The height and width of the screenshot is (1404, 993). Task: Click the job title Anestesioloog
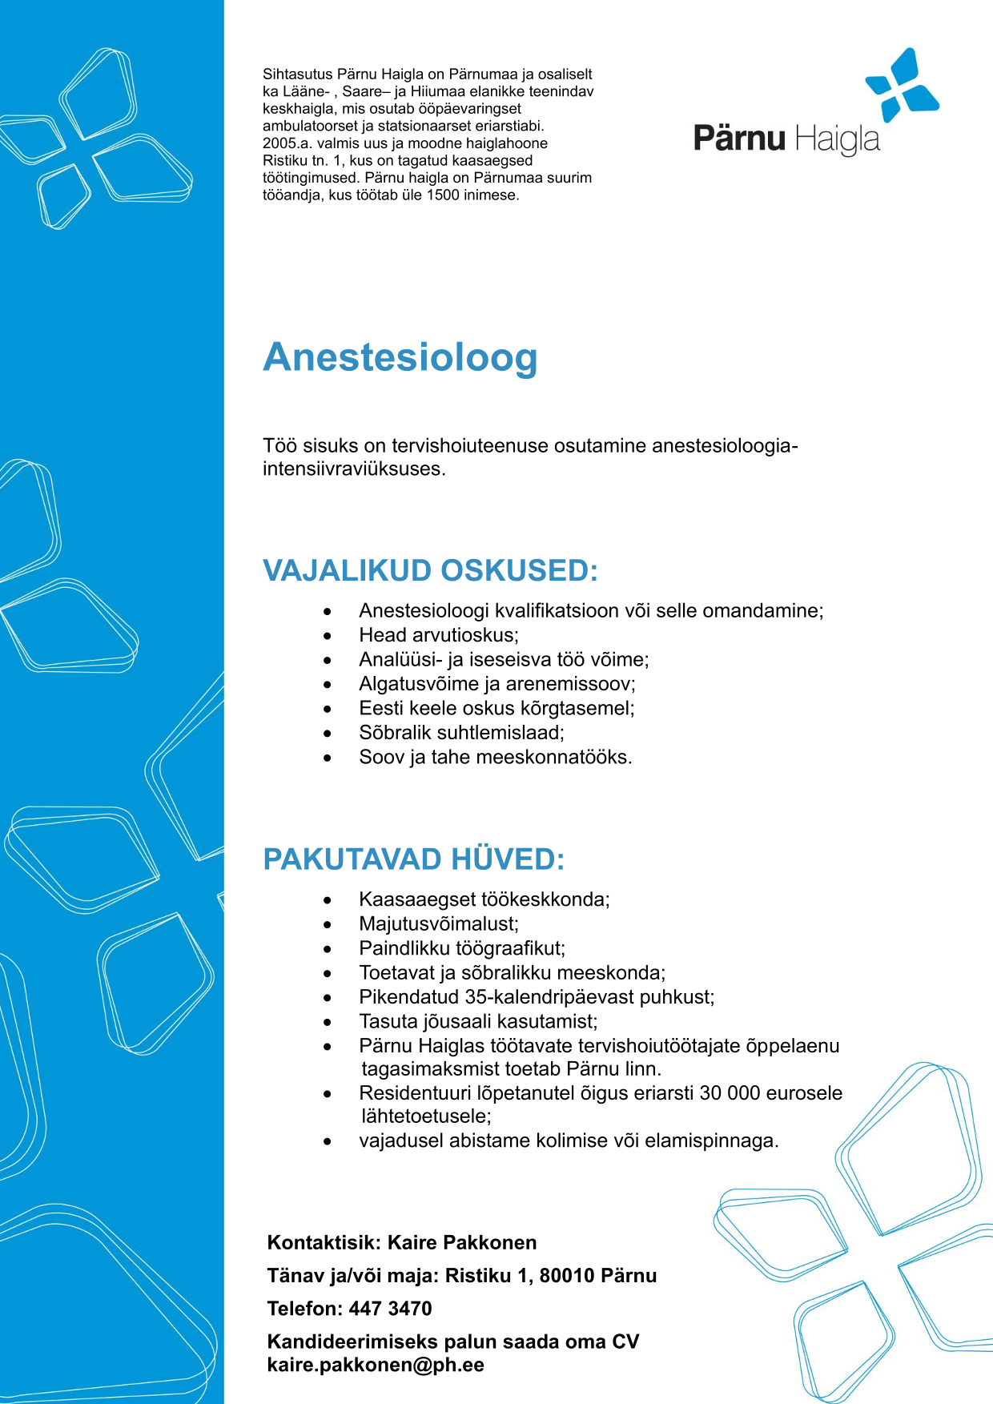coord(400,357)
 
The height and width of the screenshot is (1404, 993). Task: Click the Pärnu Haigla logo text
coord(786,139)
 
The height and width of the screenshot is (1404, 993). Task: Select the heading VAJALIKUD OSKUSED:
coord(430,571)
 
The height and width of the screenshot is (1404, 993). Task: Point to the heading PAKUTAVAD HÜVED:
coord(413,859)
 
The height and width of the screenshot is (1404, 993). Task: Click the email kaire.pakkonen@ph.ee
coord(376,1365)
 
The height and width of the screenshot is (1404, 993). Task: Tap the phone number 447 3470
coord(390,1309)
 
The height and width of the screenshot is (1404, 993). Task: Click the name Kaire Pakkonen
coord(462,1243)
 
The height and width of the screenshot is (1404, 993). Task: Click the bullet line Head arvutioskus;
coord(439,635)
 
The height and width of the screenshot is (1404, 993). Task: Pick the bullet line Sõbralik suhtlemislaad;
coord(461,733)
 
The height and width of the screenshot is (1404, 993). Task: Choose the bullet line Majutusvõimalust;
coord(439,924)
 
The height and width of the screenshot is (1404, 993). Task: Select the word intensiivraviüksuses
coord(353,469)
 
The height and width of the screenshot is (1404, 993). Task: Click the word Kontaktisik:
coord(324,1243)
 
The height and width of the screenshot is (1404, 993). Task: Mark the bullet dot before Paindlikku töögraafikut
coord(328,949)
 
